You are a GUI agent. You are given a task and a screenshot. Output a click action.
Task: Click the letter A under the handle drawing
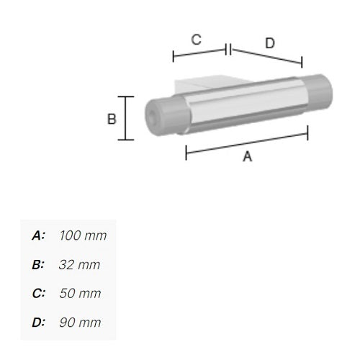pyautogui.click(x=248, y=156)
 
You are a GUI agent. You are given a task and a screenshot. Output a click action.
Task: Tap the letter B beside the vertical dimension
pyautogui.click(x=112, y=119)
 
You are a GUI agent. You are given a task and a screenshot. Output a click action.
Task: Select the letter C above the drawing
pyautogui.click(x=196, y=40)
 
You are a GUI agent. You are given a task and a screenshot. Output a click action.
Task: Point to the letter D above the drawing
pyautogui.click(x=270, y=43)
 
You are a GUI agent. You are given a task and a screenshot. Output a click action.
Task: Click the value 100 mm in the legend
pyautogui.click(x=83, y=235)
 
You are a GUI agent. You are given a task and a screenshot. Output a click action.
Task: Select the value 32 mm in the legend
pyautogui.click(x=79, y=265)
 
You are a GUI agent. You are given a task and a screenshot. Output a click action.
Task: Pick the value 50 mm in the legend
pyautogui.click(x=80, y=293)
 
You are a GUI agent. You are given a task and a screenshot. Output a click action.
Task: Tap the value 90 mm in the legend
pyautogui.click(x=80, y=323)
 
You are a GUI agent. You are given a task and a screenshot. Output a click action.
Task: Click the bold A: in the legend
pyautogui.click(x=38, y=235)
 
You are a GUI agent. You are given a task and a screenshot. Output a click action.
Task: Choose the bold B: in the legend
pyautogui.click(x=38, y=265)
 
